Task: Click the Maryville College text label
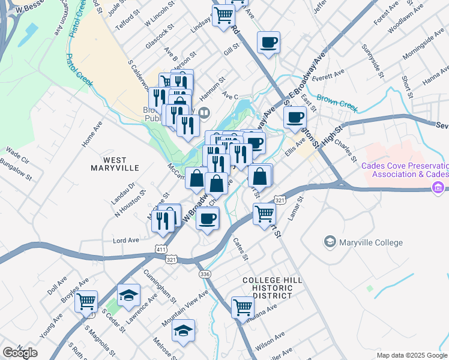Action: tap(370, 243)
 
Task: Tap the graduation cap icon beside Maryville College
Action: tap(330, 242)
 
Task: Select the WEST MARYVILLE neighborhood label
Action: tap(115, 163)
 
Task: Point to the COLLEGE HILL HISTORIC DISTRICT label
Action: tap(268, 288)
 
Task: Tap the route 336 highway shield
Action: tap(205, 274)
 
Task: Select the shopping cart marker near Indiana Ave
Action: tap(243, 307)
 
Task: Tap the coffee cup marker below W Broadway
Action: tap(208, 218)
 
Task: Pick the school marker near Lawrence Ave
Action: tap(128, 295)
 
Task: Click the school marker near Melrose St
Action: tap(184, 331)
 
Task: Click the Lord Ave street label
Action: tap(126, 240)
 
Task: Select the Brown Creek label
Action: tap(337, 106)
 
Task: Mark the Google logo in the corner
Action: tap(20, 353)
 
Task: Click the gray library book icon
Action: tap(205, 112)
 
